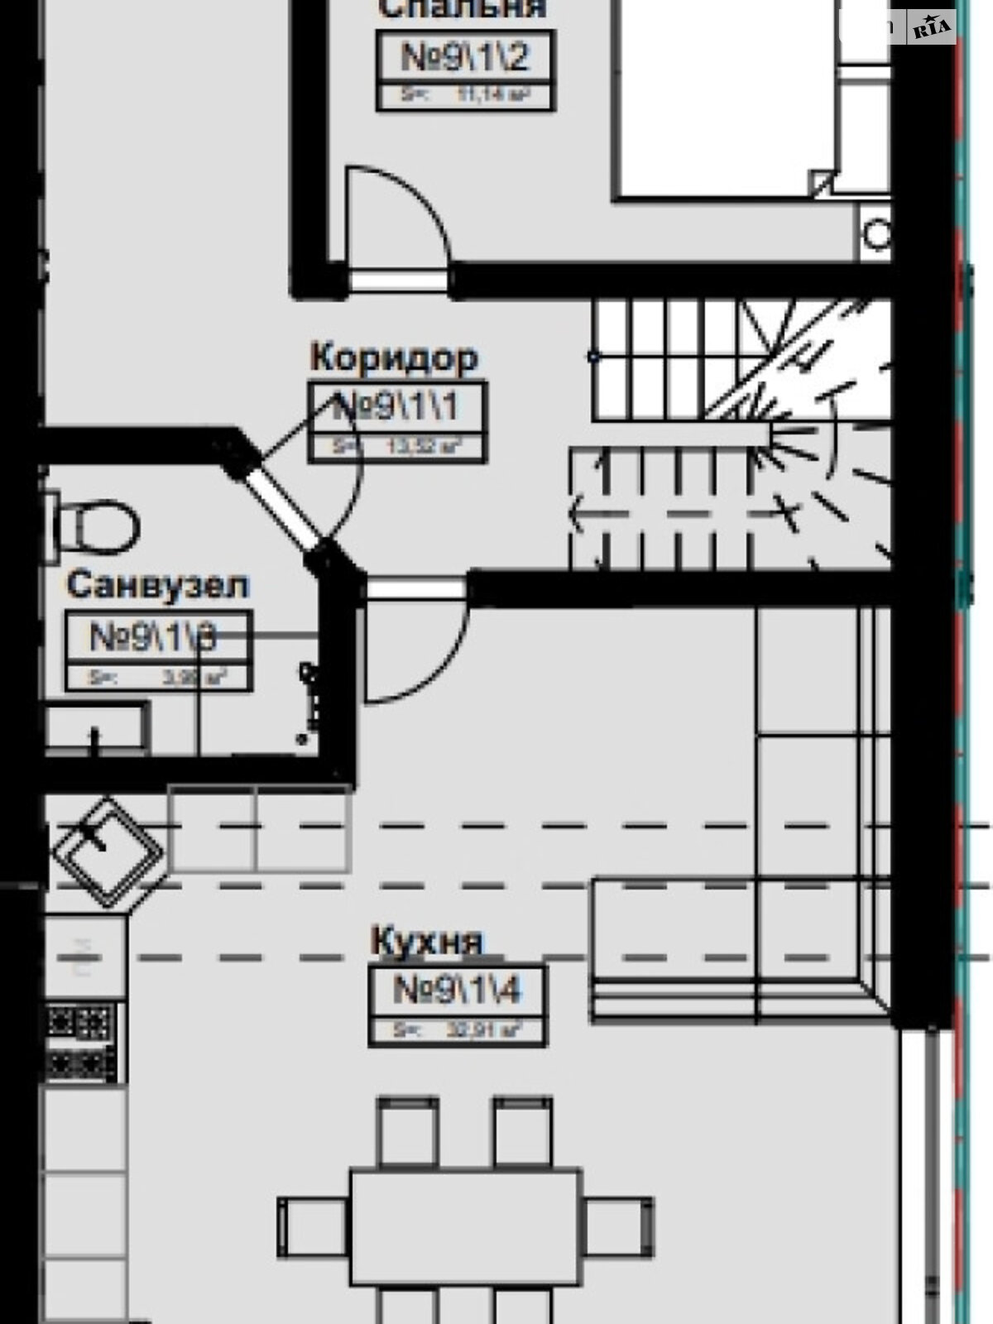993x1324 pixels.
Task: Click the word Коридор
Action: click(394, 357)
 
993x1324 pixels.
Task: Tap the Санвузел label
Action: click(157, 585)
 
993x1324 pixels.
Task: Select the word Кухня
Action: click(427, 942)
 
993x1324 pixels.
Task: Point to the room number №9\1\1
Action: click(396, 406)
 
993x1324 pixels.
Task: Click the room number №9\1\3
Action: click(154, 636)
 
